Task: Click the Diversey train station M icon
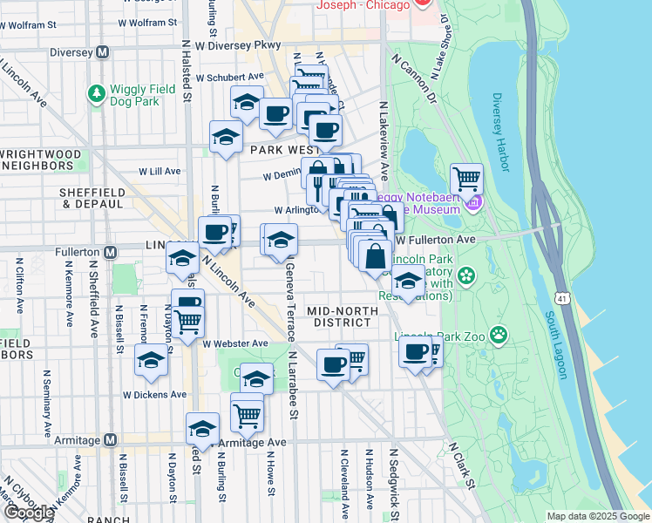(x=102, y=52)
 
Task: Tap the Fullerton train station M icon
(x=110, y=253)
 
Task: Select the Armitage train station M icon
(x=110, y=440)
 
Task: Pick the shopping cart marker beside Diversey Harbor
(x=467, y=180)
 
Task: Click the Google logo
(x=28, y=513)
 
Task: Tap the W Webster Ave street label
(x=235, y=343)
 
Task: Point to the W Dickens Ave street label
(x=154, y=394)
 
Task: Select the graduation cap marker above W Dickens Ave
(x=152, y=360)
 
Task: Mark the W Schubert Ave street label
(x=229, y=78)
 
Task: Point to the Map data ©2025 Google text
(x=598, y=516)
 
